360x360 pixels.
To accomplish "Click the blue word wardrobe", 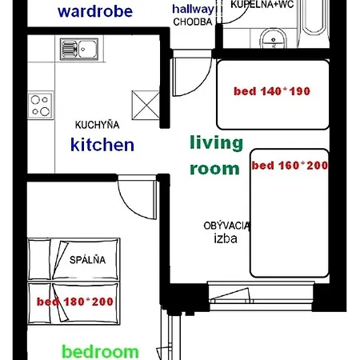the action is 95,11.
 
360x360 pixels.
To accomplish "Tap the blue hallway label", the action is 193,10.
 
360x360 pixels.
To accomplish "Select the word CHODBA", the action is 193,22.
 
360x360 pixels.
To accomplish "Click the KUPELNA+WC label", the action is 262,4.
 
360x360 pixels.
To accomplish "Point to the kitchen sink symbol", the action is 79,50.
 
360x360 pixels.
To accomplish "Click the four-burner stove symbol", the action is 41,106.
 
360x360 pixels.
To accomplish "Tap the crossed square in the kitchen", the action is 146,105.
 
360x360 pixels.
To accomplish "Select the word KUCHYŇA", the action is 97,125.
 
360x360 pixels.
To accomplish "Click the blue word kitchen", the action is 102,145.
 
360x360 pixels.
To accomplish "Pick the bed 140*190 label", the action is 272,91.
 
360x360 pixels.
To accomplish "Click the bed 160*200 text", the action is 290,166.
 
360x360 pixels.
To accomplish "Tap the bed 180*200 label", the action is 75,302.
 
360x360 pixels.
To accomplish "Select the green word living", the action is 216,143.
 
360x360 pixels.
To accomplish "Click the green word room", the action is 214,169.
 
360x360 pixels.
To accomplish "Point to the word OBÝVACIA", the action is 226,226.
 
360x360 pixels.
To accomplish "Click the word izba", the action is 226,238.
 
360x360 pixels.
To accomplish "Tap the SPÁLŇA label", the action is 87,260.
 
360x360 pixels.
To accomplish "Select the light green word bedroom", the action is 100,352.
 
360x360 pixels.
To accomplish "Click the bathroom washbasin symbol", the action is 274,38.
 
